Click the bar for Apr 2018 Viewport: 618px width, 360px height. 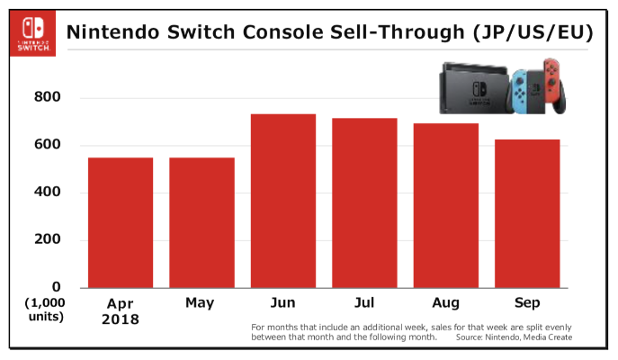pyautogui.click(x=120, y=222)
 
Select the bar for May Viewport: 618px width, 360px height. pyautogui.click(x=202, y=222)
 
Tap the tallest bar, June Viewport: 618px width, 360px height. pyautogui.click(x=282, y=201)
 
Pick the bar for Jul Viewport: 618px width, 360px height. pyautogui.click(x=364, y=202)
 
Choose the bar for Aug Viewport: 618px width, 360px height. pyautogui.click(x=446, y=205)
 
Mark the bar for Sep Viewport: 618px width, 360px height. pyautogui.click(x=527, y=213)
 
